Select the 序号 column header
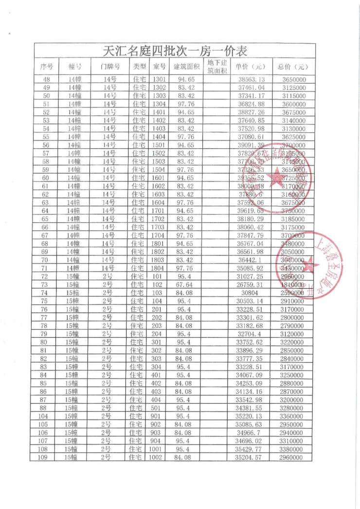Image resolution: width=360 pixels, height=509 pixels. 46,67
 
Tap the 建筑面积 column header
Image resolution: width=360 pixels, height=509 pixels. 186,67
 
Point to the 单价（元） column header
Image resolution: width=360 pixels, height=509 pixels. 251,67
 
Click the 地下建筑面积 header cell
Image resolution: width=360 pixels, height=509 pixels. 217,67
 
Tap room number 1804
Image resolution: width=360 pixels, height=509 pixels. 160,268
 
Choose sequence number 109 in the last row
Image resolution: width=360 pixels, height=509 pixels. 46,457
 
